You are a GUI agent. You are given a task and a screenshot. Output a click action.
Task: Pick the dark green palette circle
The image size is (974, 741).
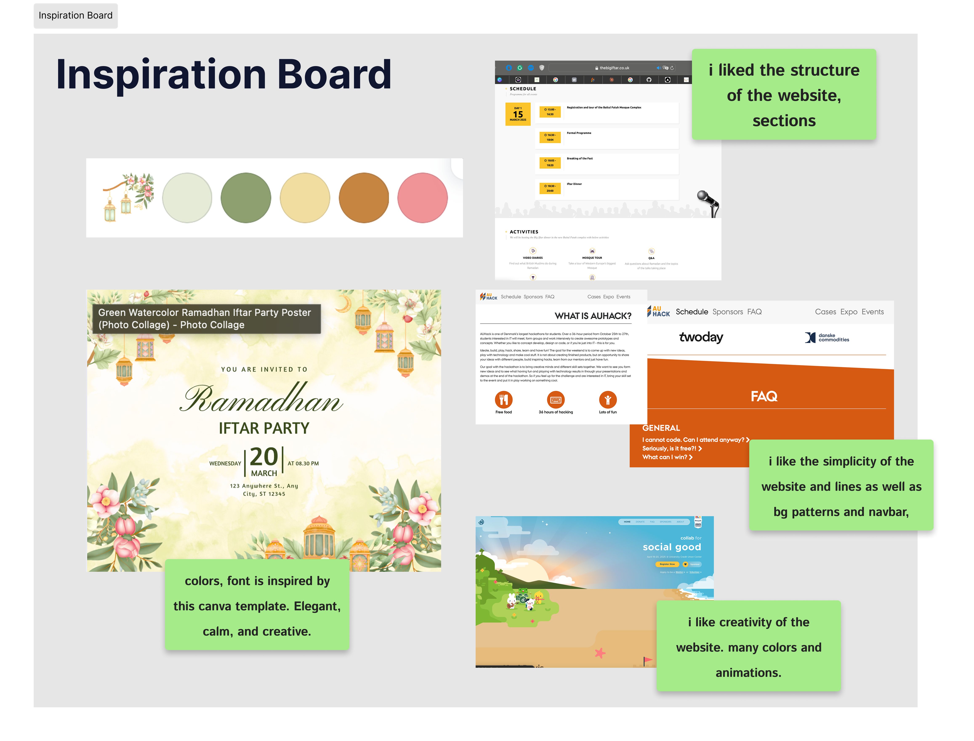pos(246,198)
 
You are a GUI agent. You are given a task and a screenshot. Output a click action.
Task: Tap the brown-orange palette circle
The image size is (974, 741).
pos(364,198)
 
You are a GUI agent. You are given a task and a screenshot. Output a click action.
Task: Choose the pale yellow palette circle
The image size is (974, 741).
pos(305,198)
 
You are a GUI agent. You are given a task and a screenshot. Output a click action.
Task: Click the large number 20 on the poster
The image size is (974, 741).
pos(264,457)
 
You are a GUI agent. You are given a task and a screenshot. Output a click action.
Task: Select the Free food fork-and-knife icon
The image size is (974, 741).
pos(504,400)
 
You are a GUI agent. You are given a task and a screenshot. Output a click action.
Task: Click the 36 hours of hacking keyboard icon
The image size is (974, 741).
pos(556,400)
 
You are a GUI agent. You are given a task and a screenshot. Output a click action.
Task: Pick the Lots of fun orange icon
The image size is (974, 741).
pos(608,400)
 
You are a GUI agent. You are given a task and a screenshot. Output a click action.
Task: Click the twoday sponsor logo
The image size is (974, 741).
pos(701,337)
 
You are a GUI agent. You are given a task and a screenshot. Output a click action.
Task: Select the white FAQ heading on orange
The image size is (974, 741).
pos(764,396)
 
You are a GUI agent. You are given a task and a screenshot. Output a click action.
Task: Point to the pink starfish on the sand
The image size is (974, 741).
pos(600,653)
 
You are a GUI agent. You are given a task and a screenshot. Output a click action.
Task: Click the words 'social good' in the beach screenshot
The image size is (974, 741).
pos(672,547)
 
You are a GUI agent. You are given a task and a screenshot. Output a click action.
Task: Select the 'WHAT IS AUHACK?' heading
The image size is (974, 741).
pos(593,316)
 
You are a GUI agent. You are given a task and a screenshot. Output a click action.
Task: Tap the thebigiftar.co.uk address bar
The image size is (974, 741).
pos(614,68)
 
